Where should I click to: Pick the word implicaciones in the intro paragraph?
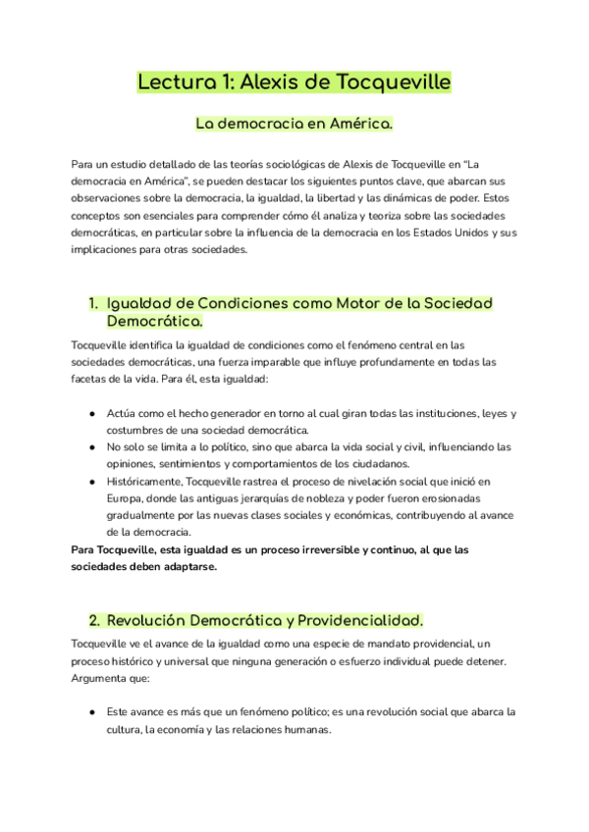[x=107, y=249]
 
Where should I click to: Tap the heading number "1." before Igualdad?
[x=94, y=303]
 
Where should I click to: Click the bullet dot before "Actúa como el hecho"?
[x=92, y=414]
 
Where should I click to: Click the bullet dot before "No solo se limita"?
[x=92, y=447]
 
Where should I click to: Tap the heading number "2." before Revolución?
[x=94, y=620]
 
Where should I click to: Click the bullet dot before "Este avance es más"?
[x=92, y=711]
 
